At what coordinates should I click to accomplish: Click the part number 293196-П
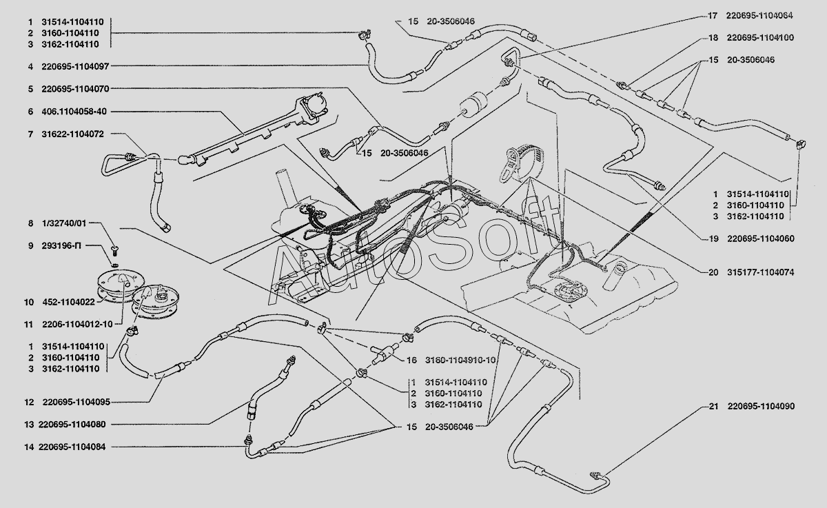click(x=61, y=245)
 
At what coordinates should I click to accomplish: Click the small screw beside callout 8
click(x=113, y=248)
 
